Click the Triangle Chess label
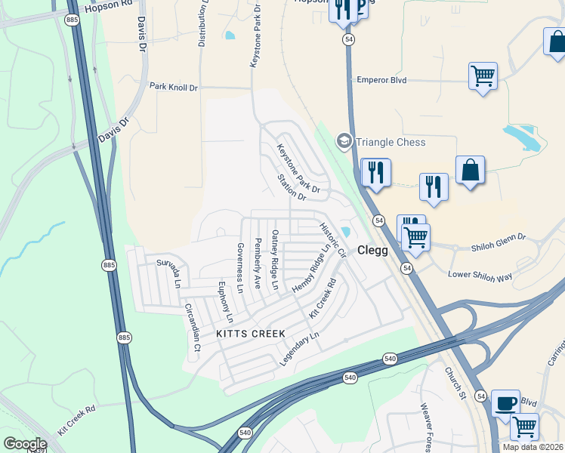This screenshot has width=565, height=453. [x=391, y=142]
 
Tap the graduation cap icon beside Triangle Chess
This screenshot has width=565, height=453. [x=344, y=141]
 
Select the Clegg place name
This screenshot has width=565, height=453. [x=372, y=250]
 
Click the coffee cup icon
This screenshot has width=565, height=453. [x=505, y=402]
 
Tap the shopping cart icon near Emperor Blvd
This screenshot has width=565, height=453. [x=483, y=75]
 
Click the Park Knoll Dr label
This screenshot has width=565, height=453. [x=173, y=88]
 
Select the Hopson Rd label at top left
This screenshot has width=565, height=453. [x=110, y=6]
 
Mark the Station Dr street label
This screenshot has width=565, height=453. [x=291, y=187]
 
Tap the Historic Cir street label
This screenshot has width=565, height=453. [x=332, y=239]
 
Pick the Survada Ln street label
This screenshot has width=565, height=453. [x=169, y=273]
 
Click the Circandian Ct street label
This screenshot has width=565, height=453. [x=192, y=328]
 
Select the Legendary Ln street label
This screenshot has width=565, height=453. [x=299, y=348]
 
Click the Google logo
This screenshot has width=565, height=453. [x=25, y=443]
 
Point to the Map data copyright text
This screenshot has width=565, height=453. [x=533, y=447]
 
